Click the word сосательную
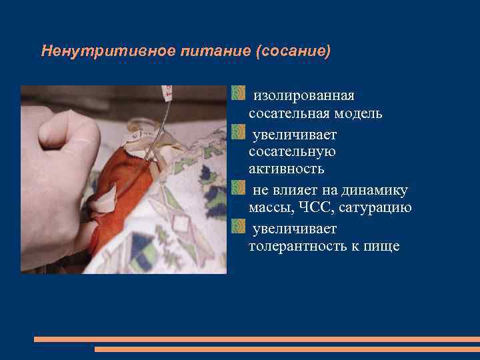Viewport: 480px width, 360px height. [x=292, y=151]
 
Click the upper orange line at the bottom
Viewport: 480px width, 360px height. [x=257, y=339]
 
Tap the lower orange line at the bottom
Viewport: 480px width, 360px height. [x=287, y=349]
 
